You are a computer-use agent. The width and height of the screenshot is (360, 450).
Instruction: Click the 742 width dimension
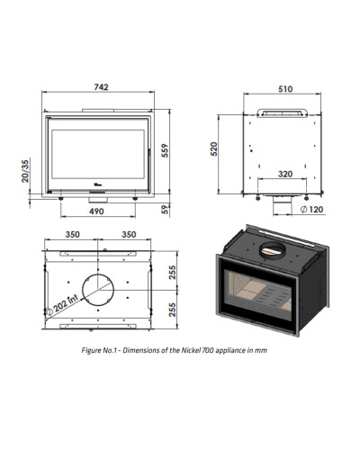[x=101, y=87]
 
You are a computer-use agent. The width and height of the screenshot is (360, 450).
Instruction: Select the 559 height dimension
[x=165, y=150]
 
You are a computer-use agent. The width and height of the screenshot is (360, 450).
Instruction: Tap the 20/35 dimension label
[x=25, y=171]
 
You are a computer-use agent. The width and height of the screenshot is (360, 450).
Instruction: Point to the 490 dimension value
[x=96, y=211]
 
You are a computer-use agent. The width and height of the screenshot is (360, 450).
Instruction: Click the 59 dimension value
[x=166, y=209]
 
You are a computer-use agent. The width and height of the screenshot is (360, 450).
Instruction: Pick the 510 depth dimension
[x=285, y=89]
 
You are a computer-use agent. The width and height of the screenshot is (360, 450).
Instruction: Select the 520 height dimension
[x=214, y=148]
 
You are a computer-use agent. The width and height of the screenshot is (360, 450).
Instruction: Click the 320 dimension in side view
[x=285, y=174]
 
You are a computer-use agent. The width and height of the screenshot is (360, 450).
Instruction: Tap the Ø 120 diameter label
[x=312, y=209]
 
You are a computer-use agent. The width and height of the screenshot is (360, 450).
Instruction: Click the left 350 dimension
[x=73, y=234]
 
